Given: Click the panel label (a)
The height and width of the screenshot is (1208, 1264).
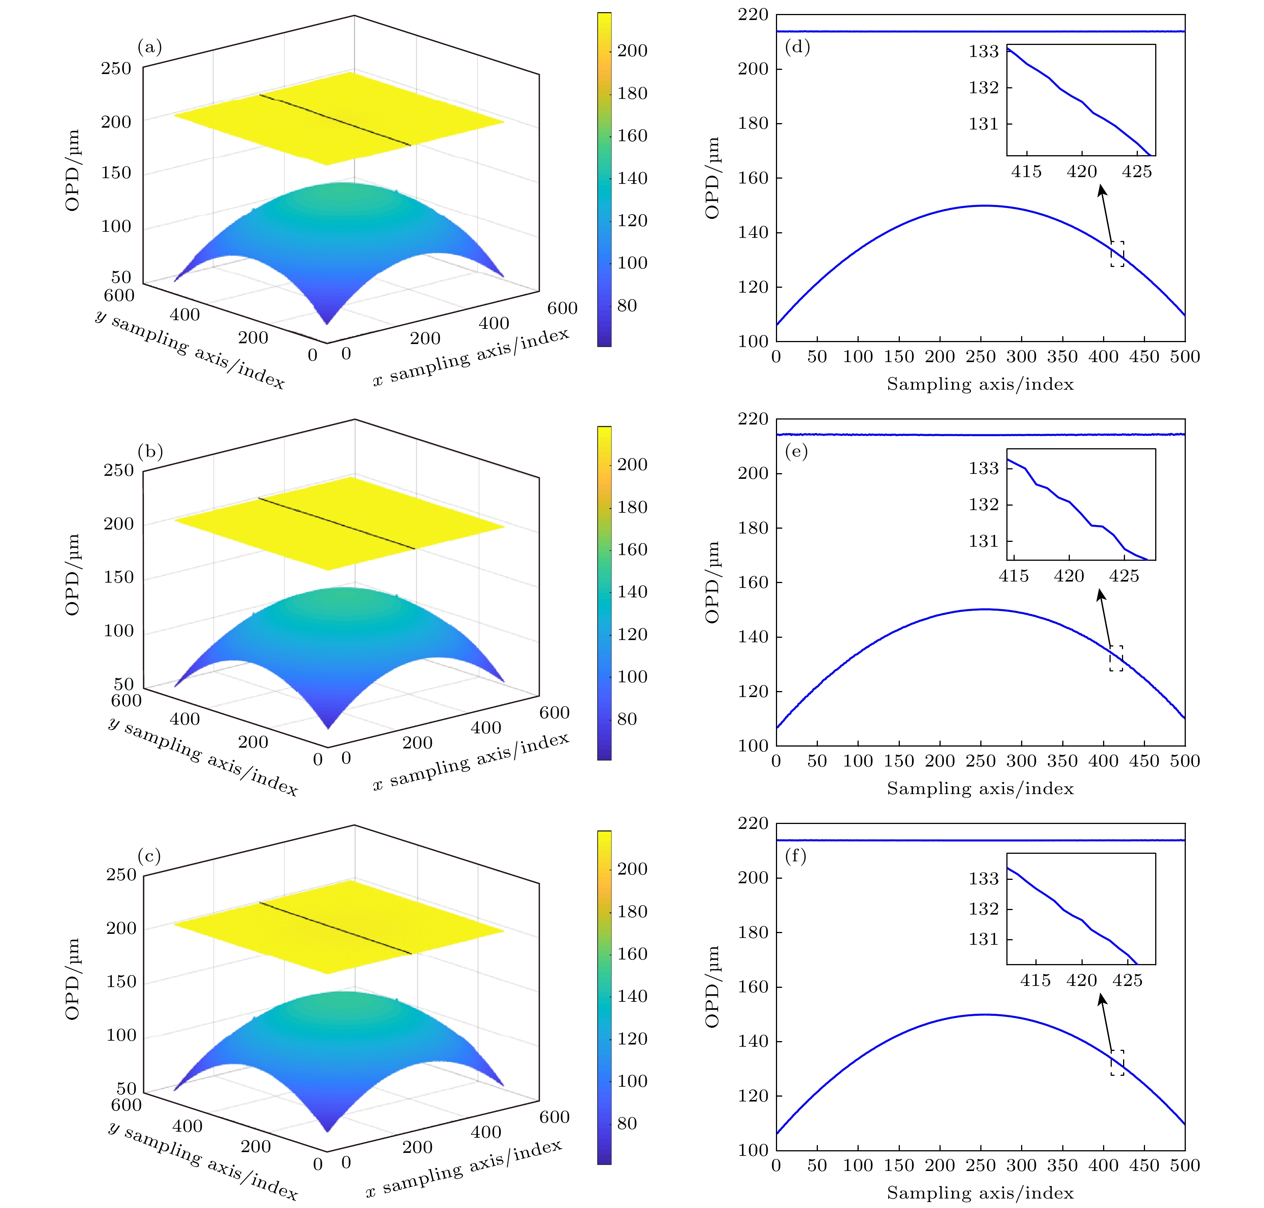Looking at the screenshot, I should tap(150, 47).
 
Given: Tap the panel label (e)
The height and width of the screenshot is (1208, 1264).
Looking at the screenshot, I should tap(796, 451).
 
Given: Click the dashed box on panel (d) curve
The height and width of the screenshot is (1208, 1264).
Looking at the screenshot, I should tap(1117, 254).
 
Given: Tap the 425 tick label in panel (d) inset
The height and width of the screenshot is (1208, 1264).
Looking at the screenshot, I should tap(1136, 172).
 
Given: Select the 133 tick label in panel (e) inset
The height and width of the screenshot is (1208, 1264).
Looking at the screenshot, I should tap(984, 468).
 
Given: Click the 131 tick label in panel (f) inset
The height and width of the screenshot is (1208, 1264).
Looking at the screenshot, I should tap(984, 940).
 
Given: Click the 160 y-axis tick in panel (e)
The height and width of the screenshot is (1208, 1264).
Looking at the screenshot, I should tap(753, 582).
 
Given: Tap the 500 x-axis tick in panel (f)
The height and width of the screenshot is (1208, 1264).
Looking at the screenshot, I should tap(1185, 1165).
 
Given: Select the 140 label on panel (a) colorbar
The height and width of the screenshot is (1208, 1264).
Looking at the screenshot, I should tap(632, 178).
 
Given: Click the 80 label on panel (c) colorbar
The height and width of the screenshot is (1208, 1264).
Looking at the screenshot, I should tap(627, 1124).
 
